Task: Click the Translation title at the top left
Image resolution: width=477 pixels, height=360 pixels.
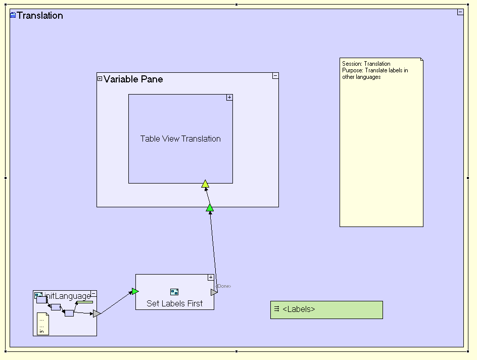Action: [40, 16]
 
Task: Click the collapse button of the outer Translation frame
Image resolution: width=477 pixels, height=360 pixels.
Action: [460, 12]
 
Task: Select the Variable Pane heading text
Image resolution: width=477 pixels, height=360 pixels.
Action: [133, 79]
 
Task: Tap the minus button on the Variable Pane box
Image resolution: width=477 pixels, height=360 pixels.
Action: [275, 76]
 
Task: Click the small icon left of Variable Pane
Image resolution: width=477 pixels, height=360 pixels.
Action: [100, 78]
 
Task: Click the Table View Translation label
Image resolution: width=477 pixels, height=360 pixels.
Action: [180, 139]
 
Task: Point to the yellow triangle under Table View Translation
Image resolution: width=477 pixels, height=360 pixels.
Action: [205, 184]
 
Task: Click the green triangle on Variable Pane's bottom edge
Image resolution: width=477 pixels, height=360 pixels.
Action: [210, 208]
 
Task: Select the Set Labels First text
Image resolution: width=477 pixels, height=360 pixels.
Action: [174, 303]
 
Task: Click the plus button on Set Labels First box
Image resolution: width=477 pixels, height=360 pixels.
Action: [211, 278]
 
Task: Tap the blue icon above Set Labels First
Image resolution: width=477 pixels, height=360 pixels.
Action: [174, 292]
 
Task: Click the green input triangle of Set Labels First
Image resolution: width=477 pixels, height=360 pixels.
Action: [135, 291]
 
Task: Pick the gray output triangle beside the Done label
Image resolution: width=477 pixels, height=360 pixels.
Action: [214, 292]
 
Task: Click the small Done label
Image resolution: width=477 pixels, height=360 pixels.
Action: [223, 287]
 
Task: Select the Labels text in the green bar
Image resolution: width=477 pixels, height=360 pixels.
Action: [299, 309]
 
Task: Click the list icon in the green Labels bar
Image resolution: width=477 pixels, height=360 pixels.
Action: [277, 309]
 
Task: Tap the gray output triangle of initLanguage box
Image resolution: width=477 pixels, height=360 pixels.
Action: [97, 314]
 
